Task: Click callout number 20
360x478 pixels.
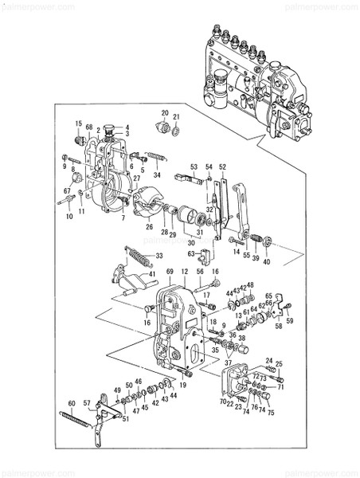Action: click(165, 113)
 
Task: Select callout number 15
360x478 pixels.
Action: click(79, 123)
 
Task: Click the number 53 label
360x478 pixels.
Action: click(194, 166)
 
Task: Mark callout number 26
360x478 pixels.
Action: click(149, 225)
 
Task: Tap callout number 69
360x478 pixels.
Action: click(169, 272)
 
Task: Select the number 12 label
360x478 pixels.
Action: click(184, 272)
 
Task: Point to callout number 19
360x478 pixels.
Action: click(182, 385)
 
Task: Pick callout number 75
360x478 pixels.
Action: click(271, 413)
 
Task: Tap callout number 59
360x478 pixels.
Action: click(290, 321)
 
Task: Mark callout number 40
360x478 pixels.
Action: click(267, 262)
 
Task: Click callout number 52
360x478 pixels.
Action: click(223, 166)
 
